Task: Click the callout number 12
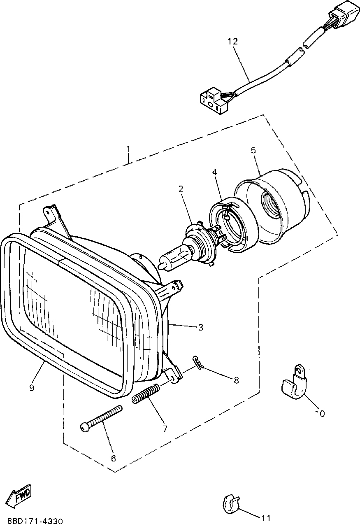(x=232, y=42)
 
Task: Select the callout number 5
(x=253, y=150)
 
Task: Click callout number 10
(x=320, y=413)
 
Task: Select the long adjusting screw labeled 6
(x=102, y=419)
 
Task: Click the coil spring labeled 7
(x=146, y=394)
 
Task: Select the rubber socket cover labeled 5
(x=274, y=208)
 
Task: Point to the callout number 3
(x=200, y=328)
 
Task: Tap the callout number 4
(x=215, y=172)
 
